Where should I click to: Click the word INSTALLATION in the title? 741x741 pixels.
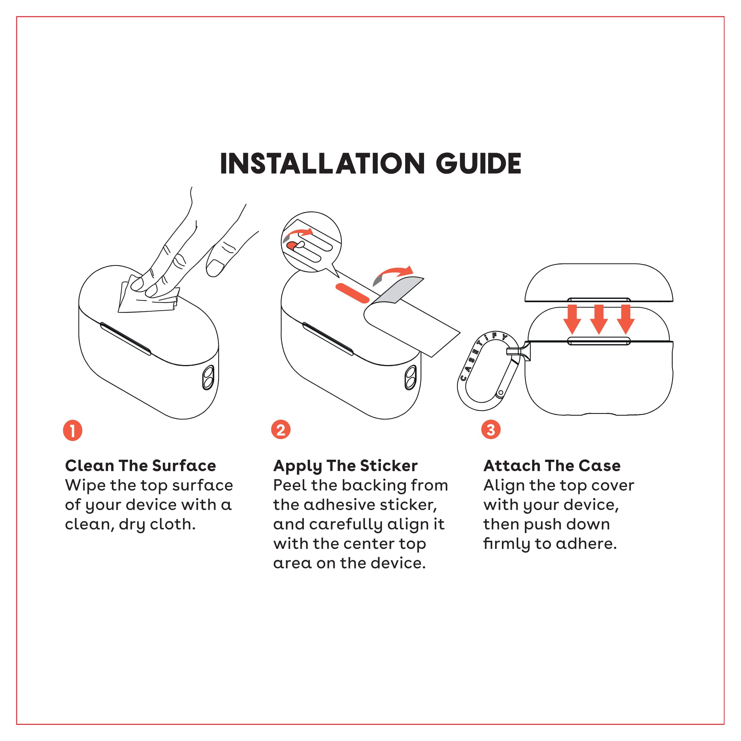[x=322, y=163]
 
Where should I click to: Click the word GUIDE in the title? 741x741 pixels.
[x=478, y=163]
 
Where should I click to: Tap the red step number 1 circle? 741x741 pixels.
[x=72, y=430]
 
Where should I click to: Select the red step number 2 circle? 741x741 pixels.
[x=281, y=430]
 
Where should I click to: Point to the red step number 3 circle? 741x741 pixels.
[x=491, y=430]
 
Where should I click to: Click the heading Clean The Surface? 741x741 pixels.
[x=140, y=466]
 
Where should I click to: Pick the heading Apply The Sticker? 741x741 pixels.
[x=345, y=466]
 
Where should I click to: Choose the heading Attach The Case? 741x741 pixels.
[x=552, y=466]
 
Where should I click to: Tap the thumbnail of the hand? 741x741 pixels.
[x=215, y=267]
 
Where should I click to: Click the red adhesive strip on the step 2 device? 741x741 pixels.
[x=352, y=293]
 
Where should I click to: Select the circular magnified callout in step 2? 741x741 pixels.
[x=311, y=242]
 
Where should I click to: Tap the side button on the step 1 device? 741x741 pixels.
[x=208, y=377]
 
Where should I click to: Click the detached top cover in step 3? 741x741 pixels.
[x=599, y=283]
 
